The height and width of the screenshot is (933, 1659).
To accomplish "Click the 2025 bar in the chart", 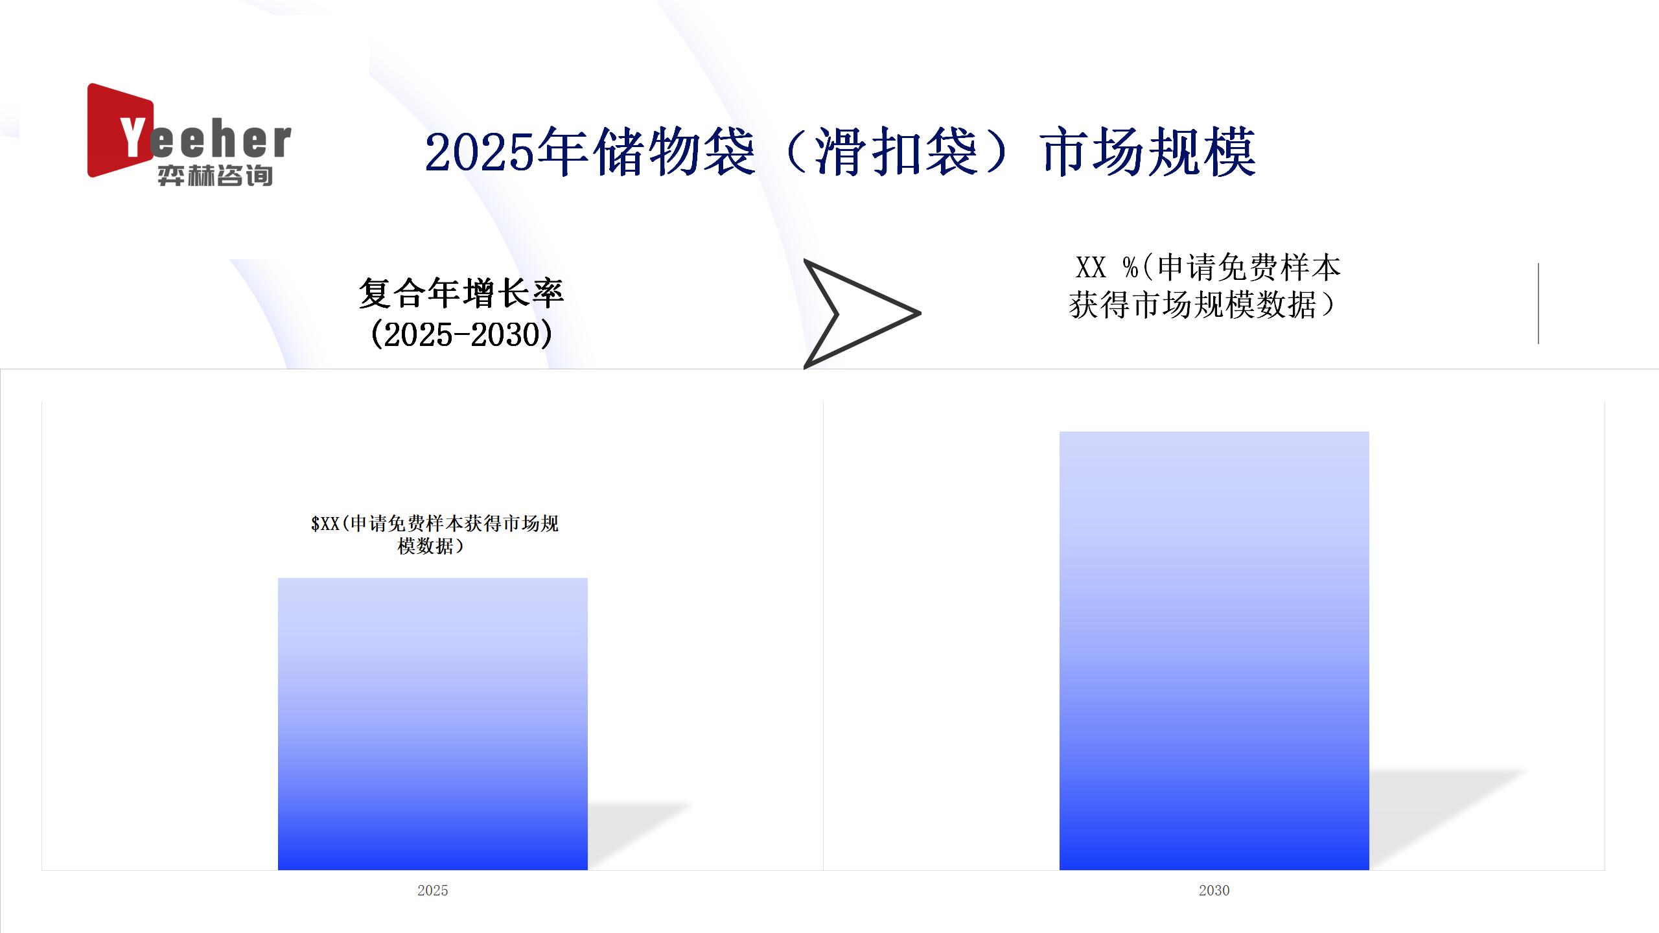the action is click(x=433, y=724).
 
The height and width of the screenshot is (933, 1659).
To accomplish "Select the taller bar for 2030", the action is click(x=1214, y=651).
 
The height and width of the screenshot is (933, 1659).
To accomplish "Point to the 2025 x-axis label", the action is click(x=433, y=890).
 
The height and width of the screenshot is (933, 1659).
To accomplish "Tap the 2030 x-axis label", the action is click(x=1214, y=890).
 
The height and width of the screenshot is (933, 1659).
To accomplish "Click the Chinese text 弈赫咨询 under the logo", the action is click(x=215, y=176).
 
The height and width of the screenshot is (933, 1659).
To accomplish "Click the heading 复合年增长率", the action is click(x=461, y=294).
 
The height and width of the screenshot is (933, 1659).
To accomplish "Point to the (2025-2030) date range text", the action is click(x=461, y=334).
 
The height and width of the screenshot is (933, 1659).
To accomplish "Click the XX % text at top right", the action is click(x=1107, y=268).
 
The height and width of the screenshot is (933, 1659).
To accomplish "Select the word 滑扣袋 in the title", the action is click(x=895, y=153).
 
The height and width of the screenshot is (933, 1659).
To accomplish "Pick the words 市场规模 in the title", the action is click(x=1149, y=153).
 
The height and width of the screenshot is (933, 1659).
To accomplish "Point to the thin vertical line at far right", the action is click(x=1538, y=303).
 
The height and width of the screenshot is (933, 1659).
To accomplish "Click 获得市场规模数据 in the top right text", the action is click(x=1192, y=305).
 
